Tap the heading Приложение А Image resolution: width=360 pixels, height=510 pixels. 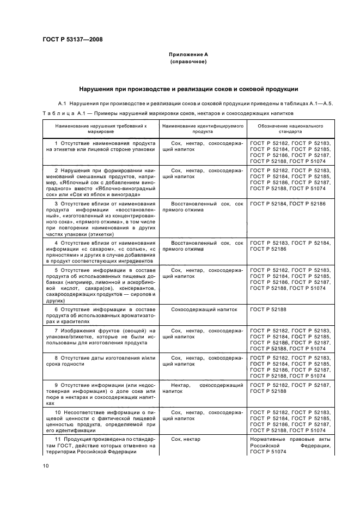click(x=188, y=55)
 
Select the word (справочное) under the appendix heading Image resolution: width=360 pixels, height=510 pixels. click(x=188, y=62)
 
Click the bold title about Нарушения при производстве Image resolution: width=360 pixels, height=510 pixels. click(x=188, y=89)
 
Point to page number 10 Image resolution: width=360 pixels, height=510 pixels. click(x=46, y=465)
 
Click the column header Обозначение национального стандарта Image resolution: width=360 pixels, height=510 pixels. click(x=290, y=129)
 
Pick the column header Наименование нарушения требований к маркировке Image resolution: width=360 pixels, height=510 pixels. click(x=100, y=129)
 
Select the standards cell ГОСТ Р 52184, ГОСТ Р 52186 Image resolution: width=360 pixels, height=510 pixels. click(x=287, y=203)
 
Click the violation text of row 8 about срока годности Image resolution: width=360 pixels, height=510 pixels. click(x=100, y=360)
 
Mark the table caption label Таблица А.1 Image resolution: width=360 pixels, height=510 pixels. click(x=60, y=113)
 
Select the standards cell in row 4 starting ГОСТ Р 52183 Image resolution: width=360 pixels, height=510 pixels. click(x=290, y=246)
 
